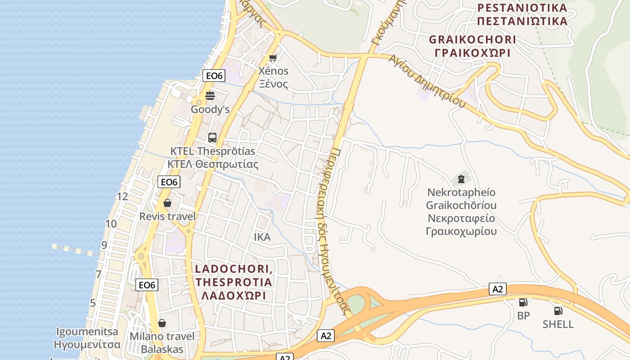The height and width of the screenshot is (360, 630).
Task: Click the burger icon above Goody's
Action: pos(210,95)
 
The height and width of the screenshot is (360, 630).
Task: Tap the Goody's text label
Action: pos(210,109)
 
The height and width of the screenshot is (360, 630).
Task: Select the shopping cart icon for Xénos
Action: pos(273,58)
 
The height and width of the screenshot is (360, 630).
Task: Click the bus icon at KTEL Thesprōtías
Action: pos(212,138)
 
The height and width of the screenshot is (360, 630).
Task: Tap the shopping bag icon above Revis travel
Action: pos(167,203)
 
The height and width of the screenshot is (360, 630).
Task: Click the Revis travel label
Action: pos(167,216)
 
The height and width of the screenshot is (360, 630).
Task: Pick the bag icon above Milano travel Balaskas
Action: pos(162,323)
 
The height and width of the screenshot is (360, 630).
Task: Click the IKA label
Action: pos(262,237)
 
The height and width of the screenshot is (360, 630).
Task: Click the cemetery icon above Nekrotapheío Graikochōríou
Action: pos(461,179)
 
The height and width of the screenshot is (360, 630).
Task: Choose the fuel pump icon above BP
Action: pos(523,302)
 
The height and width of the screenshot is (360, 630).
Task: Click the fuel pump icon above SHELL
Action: pos(558,310)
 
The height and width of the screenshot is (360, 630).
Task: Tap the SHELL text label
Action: pos(558,324)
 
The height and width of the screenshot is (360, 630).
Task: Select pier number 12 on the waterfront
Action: pos(122,196)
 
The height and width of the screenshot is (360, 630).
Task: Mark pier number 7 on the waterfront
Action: pos(99,274)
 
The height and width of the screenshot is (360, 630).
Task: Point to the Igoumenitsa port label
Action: pos(87,338)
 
